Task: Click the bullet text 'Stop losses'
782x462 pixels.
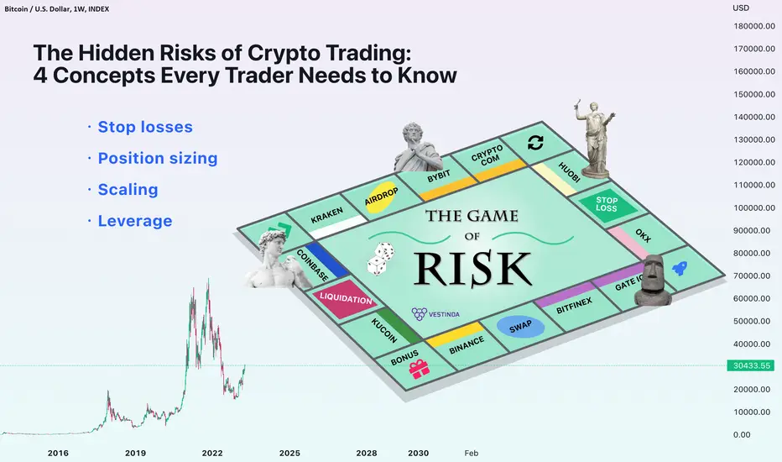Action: (145, 127)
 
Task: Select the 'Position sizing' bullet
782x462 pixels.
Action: (158, 158)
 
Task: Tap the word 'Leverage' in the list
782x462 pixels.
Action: (135, 221)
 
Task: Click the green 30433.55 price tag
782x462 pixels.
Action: (752, 365)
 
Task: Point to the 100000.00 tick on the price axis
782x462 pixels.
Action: (754, 207)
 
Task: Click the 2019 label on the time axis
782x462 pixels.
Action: (135, 453)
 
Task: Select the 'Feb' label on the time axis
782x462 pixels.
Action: (472, 453)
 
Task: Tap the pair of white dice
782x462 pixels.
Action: (381, 259)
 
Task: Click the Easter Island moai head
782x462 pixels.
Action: (654, 281)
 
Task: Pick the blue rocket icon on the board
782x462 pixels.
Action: (680, 268)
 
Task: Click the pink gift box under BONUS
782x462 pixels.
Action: (419, 370)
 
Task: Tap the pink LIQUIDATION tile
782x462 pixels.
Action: (345, 299)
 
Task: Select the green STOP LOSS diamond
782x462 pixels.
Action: (607, 204)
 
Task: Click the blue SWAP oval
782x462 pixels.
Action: (520, 327)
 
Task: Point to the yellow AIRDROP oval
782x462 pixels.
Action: (382, 197)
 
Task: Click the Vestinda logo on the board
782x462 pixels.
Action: (435, 313)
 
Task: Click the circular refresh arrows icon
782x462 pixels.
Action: (535, 143)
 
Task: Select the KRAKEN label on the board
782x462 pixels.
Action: (326, 215)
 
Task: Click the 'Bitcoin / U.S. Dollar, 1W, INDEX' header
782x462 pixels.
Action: (57, 9)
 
